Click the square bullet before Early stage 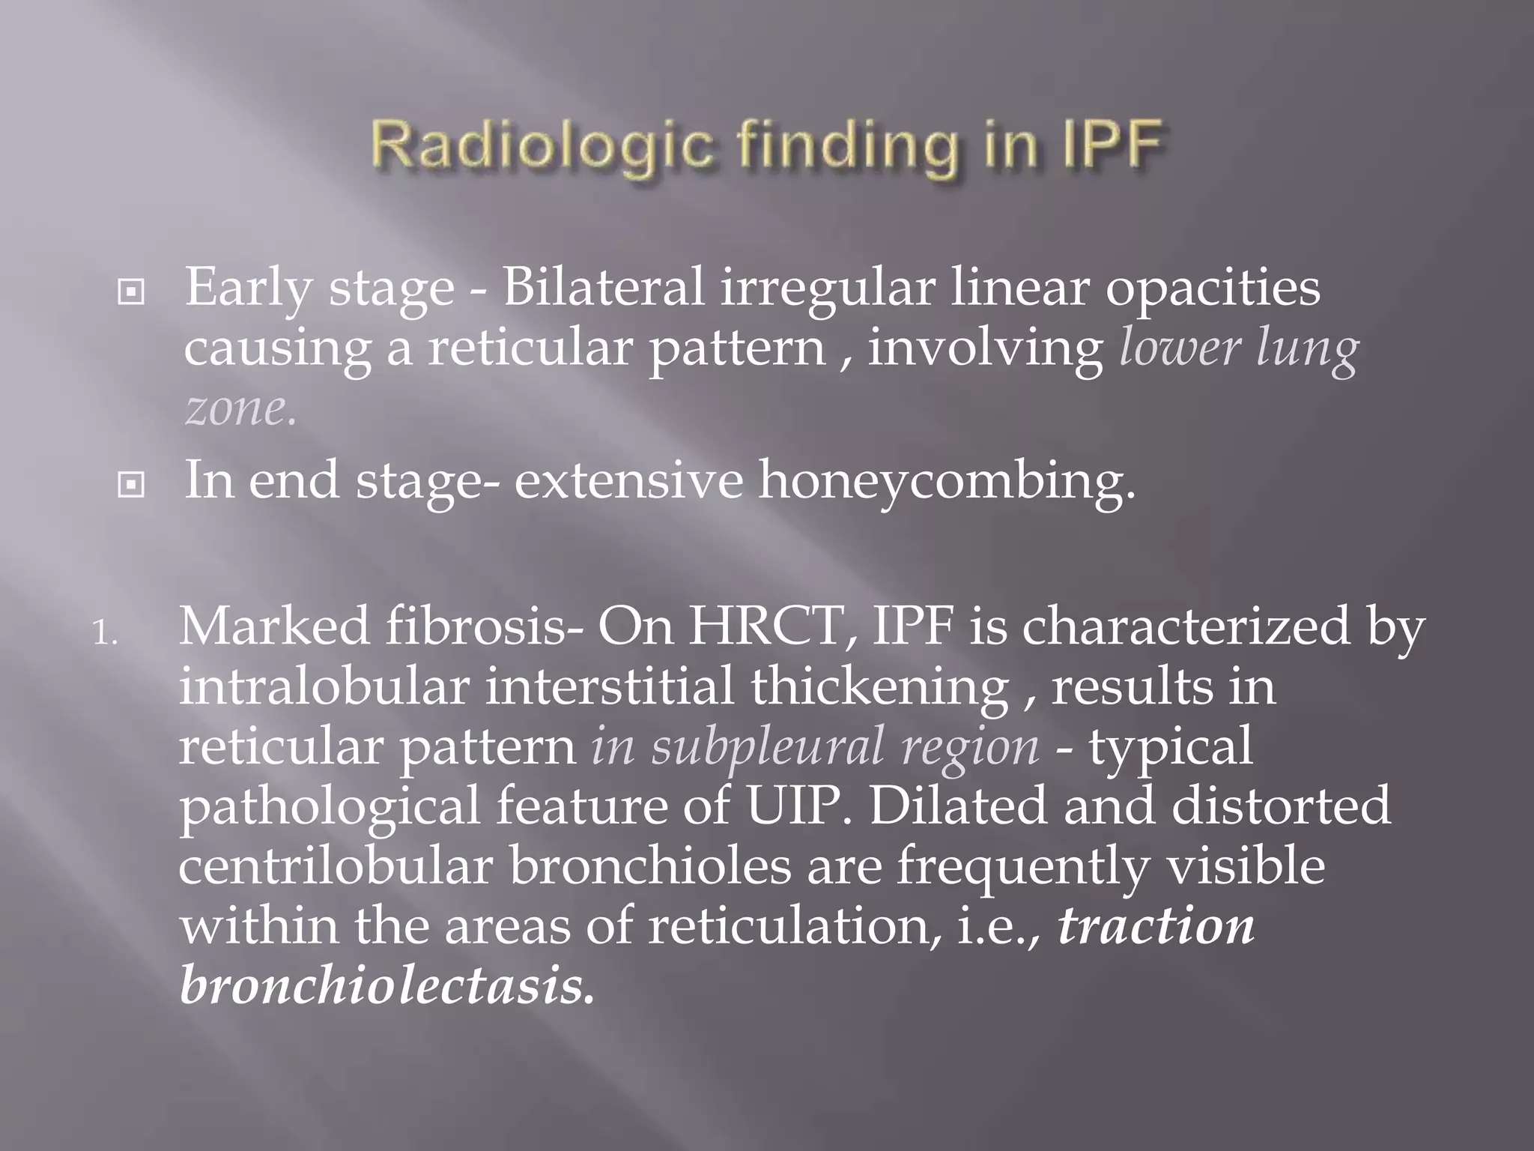(131, 292)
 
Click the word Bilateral (603, 288)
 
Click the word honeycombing (947, 481)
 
